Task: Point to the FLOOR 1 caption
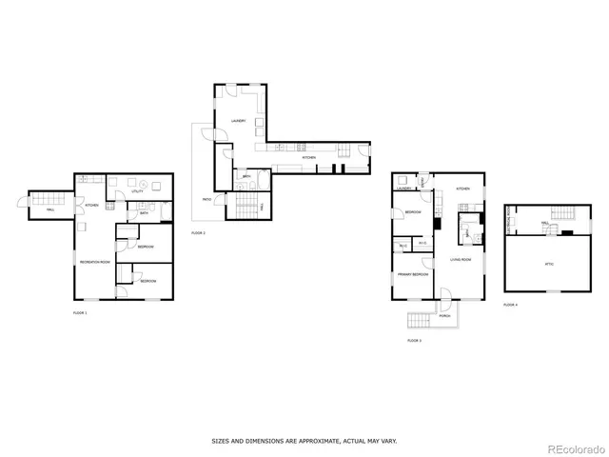(x=80, y=312)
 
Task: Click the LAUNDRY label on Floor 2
(x=239, y=121)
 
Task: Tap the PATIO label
(x=206, y=199)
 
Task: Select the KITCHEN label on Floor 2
(x=308, y=157)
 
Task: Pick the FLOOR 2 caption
(x=198, y=232)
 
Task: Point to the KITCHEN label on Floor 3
(x=463, y=189)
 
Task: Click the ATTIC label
(x=549, y=264)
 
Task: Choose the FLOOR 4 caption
(x=511, y=305)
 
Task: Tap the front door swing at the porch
(x=445, y=306)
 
